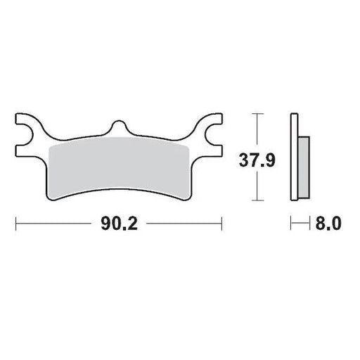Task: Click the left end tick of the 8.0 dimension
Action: click(291, 225)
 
